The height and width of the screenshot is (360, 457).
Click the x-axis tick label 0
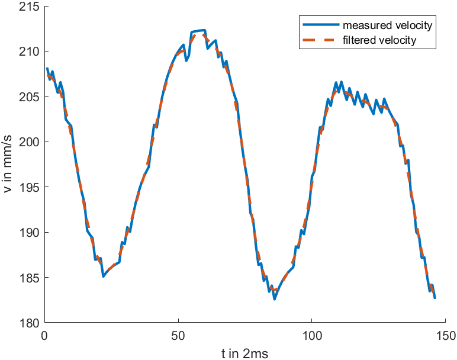tap(44, 335)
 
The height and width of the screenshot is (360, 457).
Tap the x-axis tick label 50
tap(178, 335)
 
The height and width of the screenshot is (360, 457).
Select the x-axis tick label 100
tap(311, 335)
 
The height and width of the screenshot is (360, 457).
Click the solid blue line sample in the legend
tap(320, 26)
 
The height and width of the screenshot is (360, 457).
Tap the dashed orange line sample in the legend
tap(320, 40)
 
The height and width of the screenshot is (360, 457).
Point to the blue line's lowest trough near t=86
tap(274, 299)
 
